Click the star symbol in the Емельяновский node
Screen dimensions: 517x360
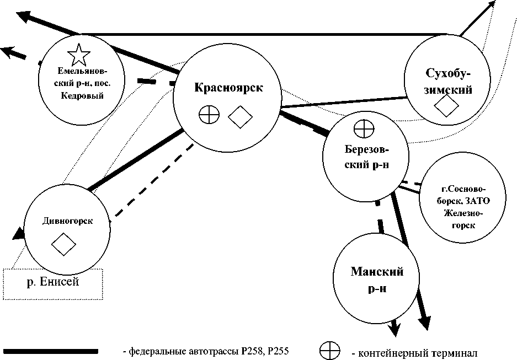tap(78, 55)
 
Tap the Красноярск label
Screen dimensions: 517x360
tap(228, 88)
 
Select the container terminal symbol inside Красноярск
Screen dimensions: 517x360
tap(209, 114)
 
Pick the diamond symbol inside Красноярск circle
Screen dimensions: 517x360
tap(240, 117)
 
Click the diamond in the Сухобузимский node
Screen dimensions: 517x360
tap(446, 106)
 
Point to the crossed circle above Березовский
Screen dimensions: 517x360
tap(364, 129)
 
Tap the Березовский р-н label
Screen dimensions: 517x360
tap(367, 157)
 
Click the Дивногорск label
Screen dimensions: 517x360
tap(68, 221)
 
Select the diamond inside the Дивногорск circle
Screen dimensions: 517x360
tap(63, 244)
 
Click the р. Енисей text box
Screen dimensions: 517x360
tap(53, 284)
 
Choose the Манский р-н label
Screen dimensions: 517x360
tap(377, 280)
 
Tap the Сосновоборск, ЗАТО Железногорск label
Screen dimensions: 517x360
tap(463, 207)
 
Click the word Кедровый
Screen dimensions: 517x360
tap(82, 96)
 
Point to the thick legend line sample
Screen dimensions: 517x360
tap(50, 351)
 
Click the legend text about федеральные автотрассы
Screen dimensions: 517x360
tap(206, 351)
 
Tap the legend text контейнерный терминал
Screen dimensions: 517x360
tap(414, 353)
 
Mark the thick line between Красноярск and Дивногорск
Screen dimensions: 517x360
tap(136, 160)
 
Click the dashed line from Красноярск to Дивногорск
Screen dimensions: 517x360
tap(154, 180)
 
